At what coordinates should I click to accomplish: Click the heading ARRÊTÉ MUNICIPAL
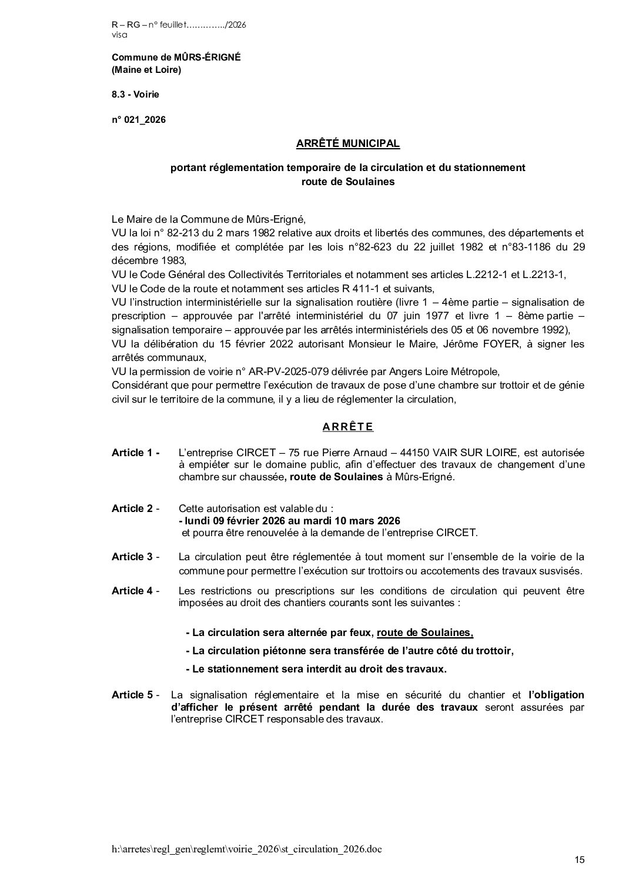[x=348, y=143]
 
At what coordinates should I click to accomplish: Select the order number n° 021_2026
[x=139, y=120]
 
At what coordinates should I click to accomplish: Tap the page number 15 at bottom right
[x=580, y=861]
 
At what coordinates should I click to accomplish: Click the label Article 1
[x=135, y=453]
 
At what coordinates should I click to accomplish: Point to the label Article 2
[x=135, y=508]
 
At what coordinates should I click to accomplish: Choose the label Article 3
[x=135, y=557]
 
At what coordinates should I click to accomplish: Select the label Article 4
[x=135, y=591]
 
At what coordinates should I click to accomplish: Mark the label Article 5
[x=135, y=695]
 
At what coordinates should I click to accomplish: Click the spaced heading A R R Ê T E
[x=348, y=427]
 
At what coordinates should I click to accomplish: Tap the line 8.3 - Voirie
[x=135, y=94]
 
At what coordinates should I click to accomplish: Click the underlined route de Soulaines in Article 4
[x=425, y=633]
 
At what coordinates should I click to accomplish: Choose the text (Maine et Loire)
[x=146, y=70]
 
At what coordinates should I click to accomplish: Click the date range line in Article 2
[x=289, y=521]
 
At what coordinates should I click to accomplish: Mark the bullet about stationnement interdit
[x=316, y=669]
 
